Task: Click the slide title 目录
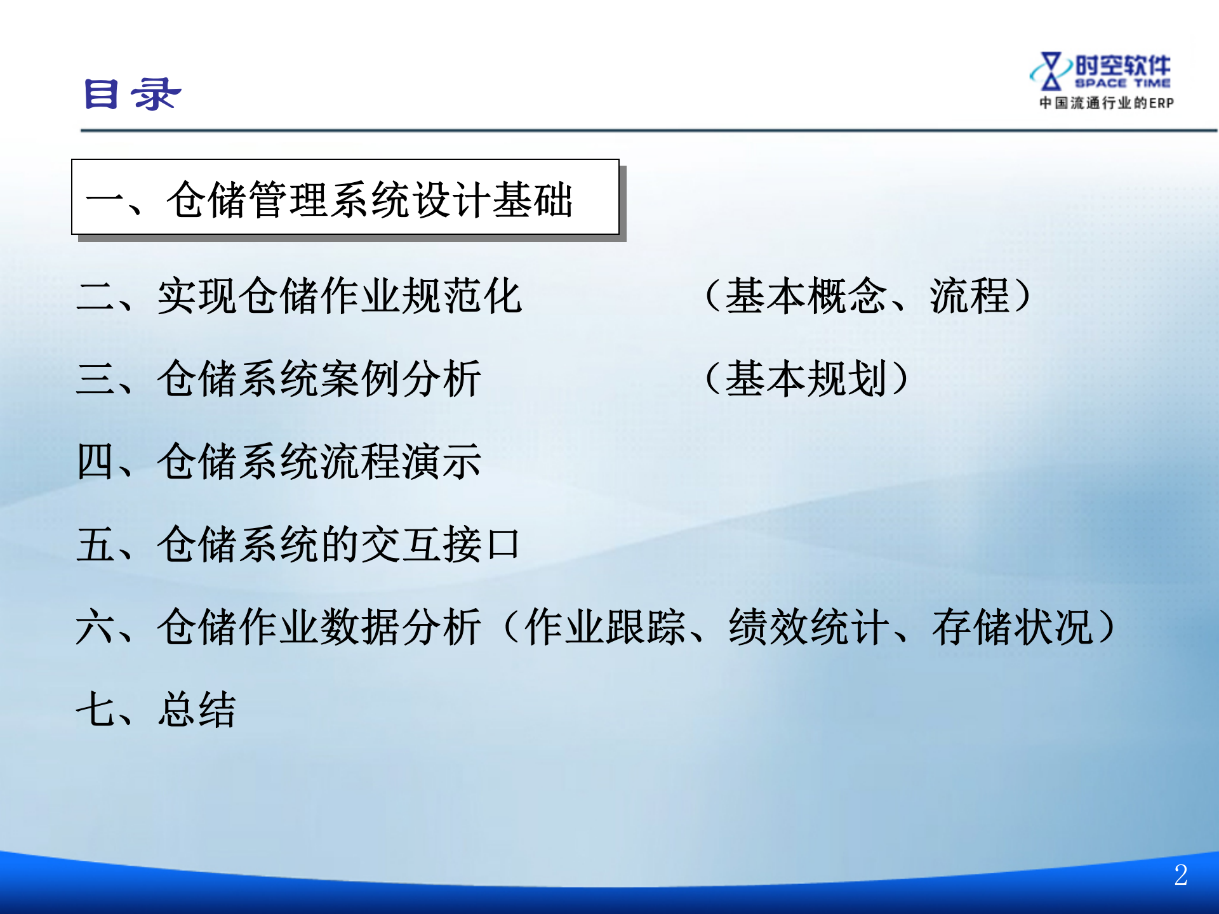tap(133, 94)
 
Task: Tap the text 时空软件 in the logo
tap(1122, 65)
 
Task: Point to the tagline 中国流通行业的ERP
tap(1106, 103)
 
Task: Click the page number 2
tap(1180, 875)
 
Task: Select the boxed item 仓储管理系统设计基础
tap(369, 199)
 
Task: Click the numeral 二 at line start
tap(95, 296)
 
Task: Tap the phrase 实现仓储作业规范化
tap(340, 296)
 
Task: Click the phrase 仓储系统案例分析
tap(319, 379)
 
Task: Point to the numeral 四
tap(95, 461)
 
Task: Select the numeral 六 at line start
tap(95, 627)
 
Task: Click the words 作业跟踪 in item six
tap(605, 627)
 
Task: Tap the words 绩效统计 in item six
tap(809, 627)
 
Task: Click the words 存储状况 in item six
tap(1012, 627)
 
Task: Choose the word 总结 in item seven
tap(197, 710)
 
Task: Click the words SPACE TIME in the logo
tap(1122, 83)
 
